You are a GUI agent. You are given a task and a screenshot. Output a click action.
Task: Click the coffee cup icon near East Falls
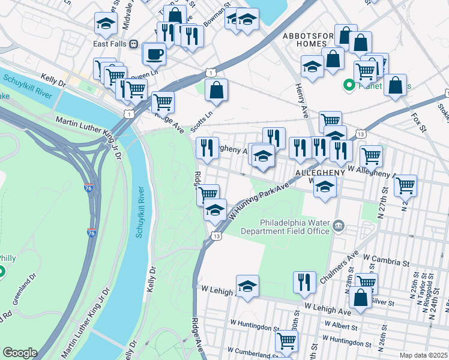154,53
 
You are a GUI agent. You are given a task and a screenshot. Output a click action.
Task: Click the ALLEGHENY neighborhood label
320,172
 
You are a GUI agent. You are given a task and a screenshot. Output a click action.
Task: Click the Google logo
20,353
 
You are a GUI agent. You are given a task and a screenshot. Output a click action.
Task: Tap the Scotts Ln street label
202,122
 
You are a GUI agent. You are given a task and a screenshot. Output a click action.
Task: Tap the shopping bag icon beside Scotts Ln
217,91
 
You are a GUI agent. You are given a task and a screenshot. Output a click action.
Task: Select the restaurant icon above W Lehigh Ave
304,281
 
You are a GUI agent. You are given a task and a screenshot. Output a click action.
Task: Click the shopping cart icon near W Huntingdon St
286,341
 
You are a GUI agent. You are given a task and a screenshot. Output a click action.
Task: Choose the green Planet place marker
348,86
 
